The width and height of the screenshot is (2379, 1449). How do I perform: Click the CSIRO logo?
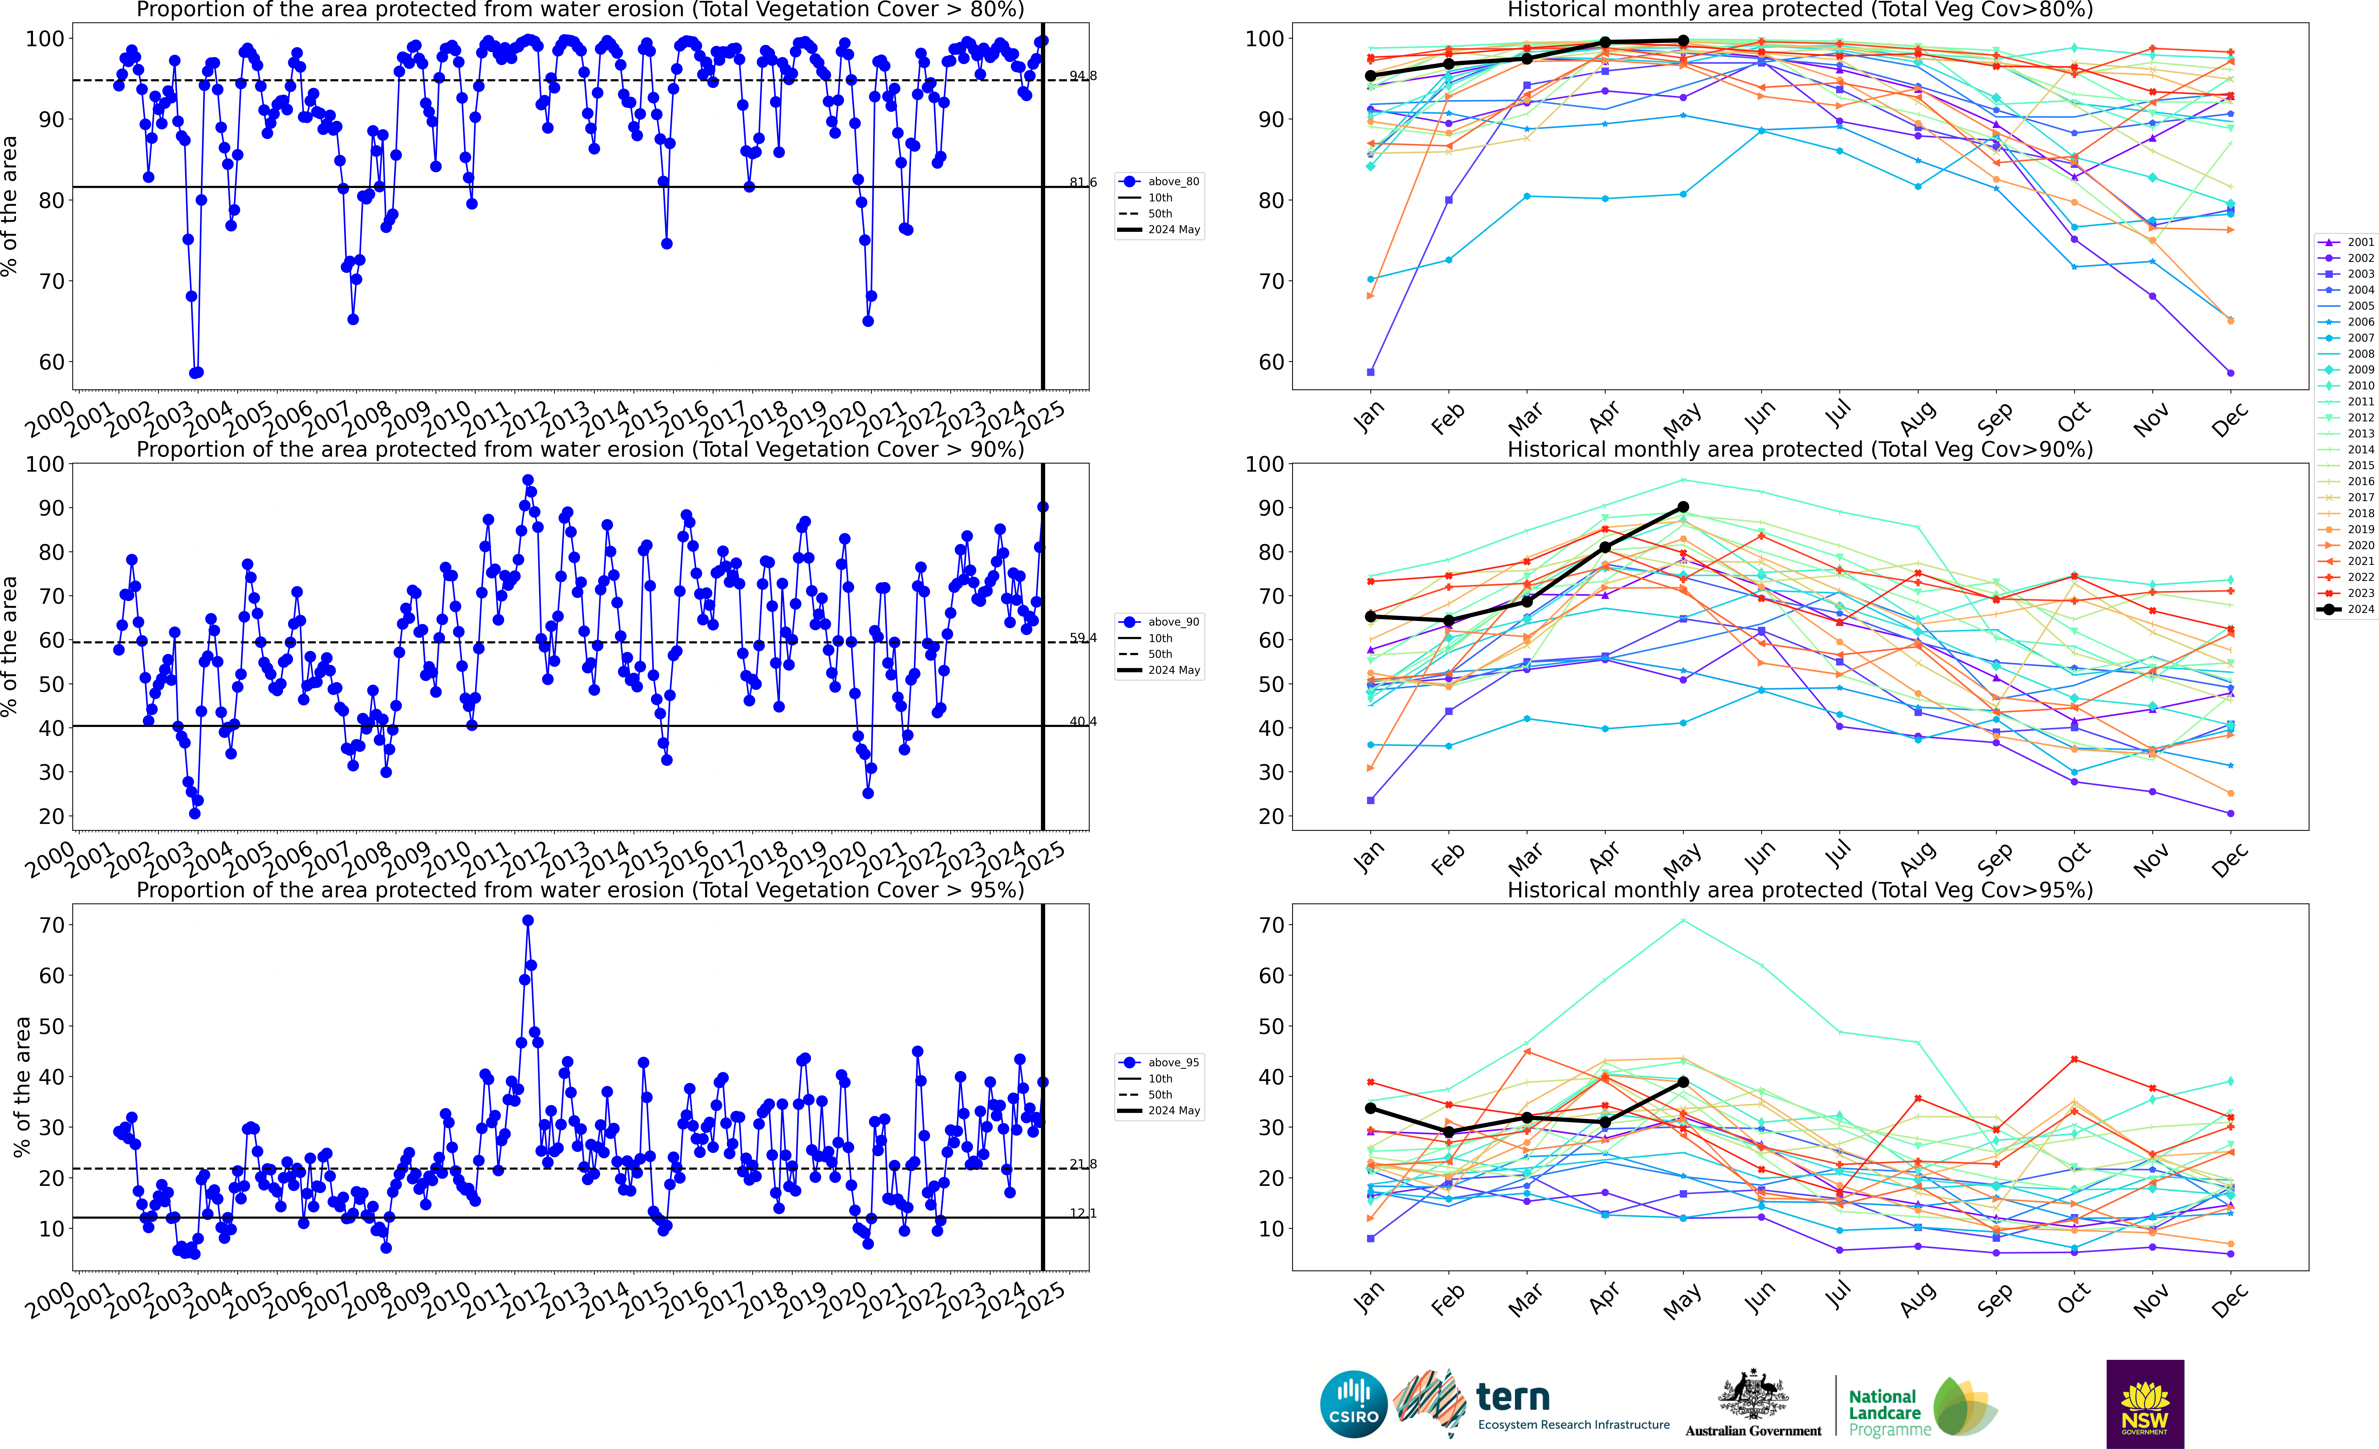coord(1354,1404)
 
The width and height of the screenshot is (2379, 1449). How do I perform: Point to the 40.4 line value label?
coord(1082,722)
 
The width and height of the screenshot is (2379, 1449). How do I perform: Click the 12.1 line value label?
coord(1082,1213)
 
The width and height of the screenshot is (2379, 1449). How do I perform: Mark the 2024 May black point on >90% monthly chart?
coord(1683,507)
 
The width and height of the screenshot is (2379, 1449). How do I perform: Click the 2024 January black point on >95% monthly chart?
coord(1370,1108)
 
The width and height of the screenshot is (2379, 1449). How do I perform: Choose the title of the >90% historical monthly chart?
coord(1800,450)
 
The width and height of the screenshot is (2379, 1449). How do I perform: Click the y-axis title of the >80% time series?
coord(10,206)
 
